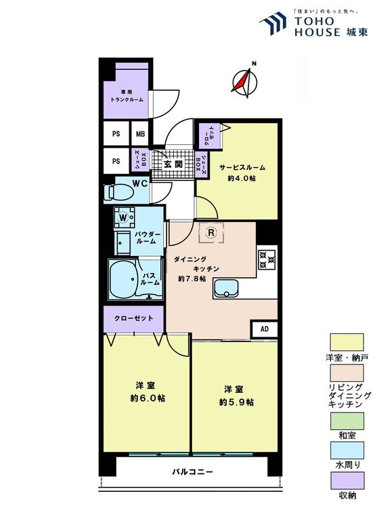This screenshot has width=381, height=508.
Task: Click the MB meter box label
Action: tap(140, 133)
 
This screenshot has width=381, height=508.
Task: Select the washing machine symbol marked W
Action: tap(123, 217)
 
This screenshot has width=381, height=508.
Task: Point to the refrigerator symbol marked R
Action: tap(211, 232)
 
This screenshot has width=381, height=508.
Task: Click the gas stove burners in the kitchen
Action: tap(267, 259)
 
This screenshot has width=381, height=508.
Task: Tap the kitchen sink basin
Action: tap(226, 288)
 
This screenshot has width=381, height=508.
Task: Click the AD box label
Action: tap(265, 329)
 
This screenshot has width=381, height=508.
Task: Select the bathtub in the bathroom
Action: tap(123, 278)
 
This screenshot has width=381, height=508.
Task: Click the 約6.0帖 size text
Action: tap(148, 398)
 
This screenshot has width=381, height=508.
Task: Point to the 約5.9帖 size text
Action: tap(236, 402)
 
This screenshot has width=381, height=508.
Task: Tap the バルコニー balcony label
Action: tap(193, 471)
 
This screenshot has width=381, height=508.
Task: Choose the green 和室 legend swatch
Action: tap(346, 421)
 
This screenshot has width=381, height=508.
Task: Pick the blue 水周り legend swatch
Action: tap(346, 450)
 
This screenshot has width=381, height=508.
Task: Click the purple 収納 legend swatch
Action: tap(346, 480)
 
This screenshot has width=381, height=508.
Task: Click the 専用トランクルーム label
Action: tap(127, 96)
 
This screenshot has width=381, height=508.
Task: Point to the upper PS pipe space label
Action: tap(116, 133)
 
